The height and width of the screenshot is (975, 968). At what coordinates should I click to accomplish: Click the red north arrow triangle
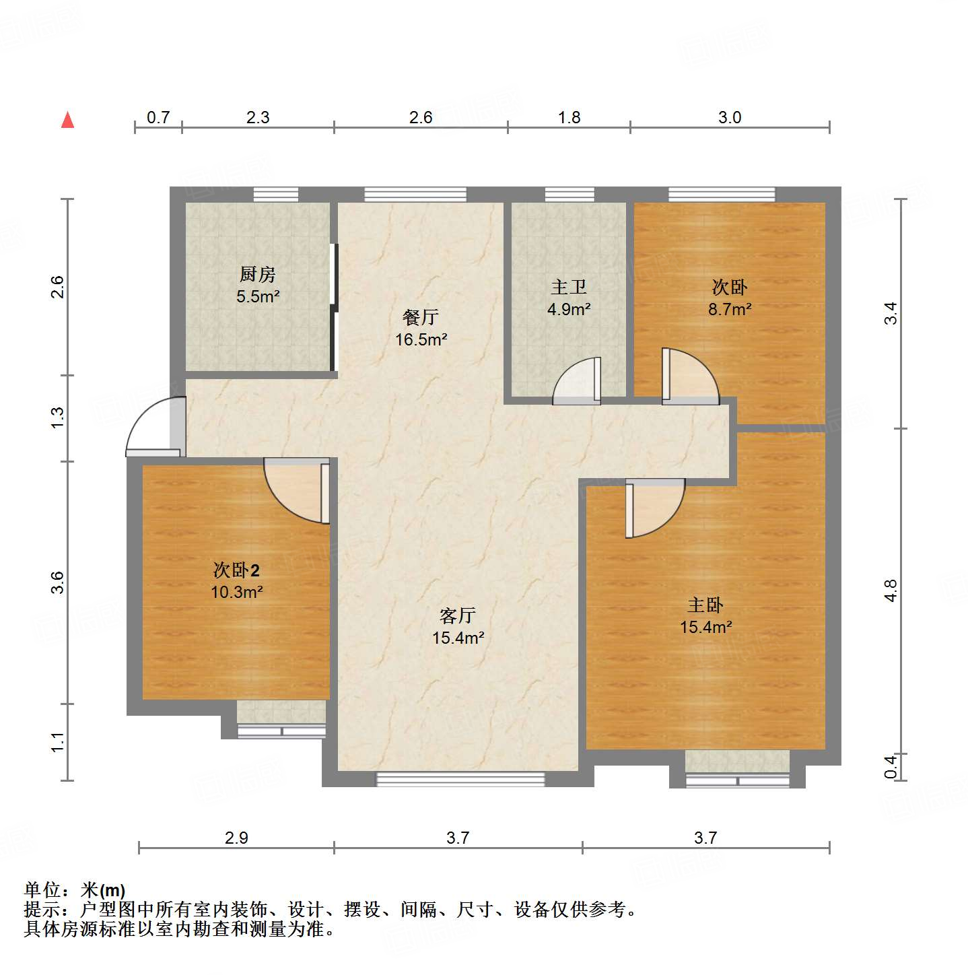(67, 120)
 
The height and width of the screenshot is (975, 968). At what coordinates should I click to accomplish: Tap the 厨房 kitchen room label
(258, 275)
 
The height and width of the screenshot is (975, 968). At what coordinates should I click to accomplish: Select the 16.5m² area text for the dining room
(421, 339)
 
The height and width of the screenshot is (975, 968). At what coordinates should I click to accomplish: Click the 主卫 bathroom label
(569, 288)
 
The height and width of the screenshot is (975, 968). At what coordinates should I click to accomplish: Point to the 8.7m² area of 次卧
(730, 309)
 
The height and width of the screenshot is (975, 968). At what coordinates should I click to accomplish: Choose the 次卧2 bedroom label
(236, 570)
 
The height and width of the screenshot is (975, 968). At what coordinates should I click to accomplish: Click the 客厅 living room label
(458, 615)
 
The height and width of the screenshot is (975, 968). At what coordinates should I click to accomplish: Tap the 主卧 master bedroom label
(705, 605)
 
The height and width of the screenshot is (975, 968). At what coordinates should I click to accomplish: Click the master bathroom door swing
(578, 382)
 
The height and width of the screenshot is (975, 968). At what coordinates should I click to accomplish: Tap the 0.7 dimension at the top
(158, 117)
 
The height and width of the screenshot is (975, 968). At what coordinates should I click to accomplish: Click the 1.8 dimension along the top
(569, 117)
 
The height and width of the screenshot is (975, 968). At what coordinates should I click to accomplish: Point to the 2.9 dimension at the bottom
(236, 838)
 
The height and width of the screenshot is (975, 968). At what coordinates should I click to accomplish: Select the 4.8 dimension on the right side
(891, 591)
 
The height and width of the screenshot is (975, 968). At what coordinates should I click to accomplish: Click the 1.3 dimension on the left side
(58, 417)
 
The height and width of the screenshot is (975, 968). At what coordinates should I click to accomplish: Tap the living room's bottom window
(460, 779)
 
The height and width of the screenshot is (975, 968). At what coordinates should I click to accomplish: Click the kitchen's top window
(276, 195)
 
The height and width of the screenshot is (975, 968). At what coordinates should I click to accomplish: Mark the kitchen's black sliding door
(333, 307)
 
